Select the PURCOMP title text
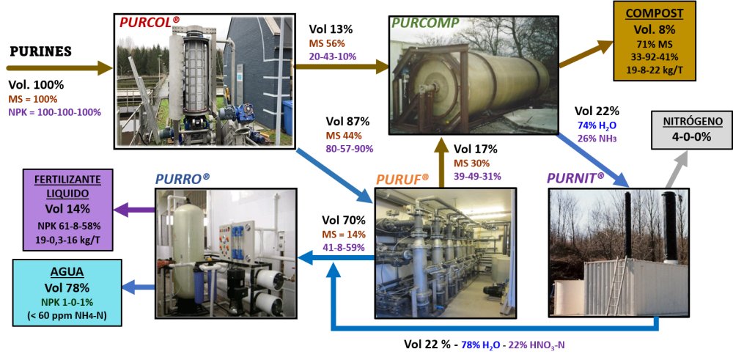[425, 23]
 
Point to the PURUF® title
[402, 178]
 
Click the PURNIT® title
[576, 177]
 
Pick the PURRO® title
[182, 178]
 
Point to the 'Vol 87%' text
[347, 121]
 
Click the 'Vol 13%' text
[331, 29]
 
